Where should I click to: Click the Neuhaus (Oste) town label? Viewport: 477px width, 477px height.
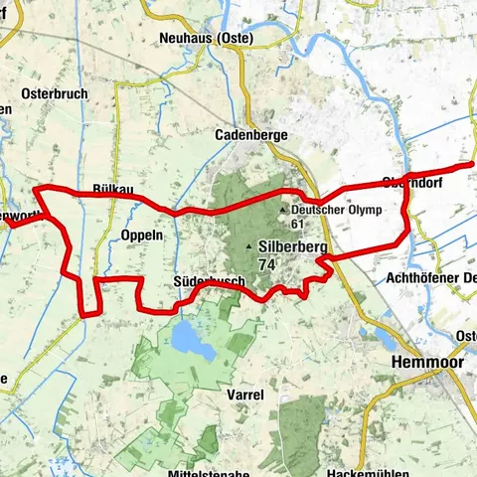[x=207, y=39]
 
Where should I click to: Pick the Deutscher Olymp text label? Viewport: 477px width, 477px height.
[x=329, y=211]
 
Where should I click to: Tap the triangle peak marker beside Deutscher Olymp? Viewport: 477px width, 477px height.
[x=283, y=211]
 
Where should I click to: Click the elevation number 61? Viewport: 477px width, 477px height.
[x=297, y=225]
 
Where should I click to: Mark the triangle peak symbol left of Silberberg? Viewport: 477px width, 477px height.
[x=249, y=245]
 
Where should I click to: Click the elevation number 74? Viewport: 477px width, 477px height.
[x=265, y=265]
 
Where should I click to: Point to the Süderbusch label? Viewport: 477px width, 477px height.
[x=208, y=282]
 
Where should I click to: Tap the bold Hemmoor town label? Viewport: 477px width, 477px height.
[x=422, y=363]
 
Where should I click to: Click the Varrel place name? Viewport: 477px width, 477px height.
[x=244, y=395]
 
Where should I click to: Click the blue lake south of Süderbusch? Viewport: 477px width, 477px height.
[x=186, y=341]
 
